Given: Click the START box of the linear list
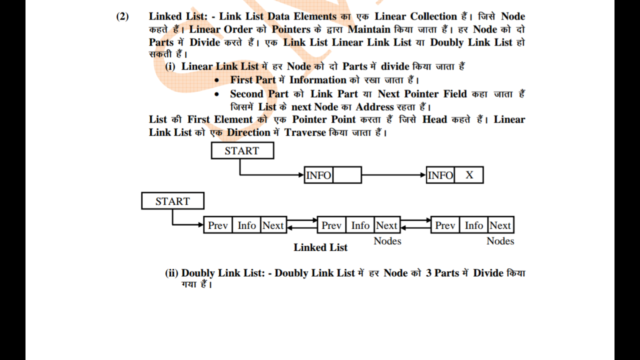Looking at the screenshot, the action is click(x=242, y=150).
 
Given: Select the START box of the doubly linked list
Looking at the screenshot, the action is click(x=172, y=201).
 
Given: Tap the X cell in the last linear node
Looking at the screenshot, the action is click(x=469, y=175).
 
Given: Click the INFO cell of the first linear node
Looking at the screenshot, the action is click(x=318, y=175).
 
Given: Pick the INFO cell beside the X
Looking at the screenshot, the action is click(x=440, y=175).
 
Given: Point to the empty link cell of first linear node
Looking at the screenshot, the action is click(x=346, y=175).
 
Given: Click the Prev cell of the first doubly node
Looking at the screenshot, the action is click(x=218, y=225).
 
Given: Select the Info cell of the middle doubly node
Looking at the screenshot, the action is click(x=360, y=225).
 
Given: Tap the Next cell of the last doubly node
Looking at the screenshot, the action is click(x=500, y=225).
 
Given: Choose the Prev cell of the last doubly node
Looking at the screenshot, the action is click(x=445, y=225).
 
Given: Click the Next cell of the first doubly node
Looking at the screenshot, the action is click(x=273, y=225).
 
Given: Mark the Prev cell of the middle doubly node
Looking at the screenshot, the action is click(x=331, y=225).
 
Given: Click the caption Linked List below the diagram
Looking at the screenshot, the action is click(x=320, y=247).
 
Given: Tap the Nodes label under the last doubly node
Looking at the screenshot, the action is click(x=500, y=241).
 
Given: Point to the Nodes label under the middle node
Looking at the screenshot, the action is click(x=387, y=241).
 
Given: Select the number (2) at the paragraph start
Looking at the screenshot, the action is click(x=122, y=16).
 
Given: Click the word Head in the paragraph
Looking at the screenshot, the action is click(x=434, y=119).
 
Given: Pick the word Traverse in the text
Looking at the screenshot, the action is click(x=305, y=132).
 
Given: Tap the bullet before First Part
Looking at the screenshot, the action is click(x=216, y=80).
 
